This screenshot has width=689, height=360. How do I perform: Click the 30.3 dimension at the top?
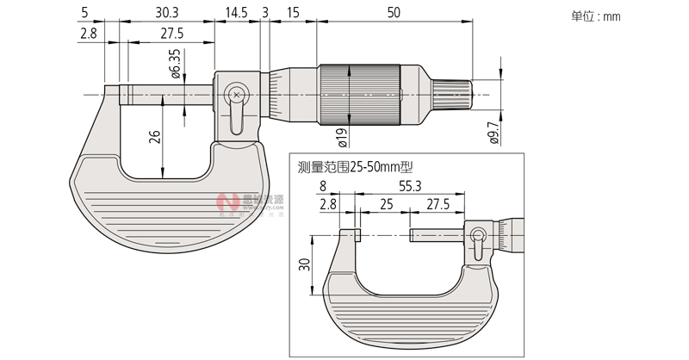[x=167, y=13]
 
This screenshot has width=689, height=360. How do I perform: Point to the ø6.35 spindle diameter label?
[x=176, y=65]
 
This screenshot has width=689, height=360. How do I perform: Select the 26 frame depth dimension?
[x=155, y=139]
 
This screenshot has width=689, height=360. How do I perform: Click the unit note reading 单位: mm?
[x=596, y=16]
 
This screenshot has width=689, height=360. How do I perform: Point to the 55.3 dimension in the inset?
[x=409, y=185]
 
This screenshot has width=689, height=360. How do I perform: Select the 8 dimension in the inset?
[x=323, y=185]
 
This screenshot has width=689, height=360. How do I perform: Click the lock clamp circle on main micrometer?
[x=235, y=94]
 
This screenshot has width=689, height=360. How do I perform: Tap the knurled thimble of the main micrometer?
[x=361, y=94]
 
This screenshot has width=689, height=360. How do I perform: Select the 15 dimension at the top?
[x=293, y=13]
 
